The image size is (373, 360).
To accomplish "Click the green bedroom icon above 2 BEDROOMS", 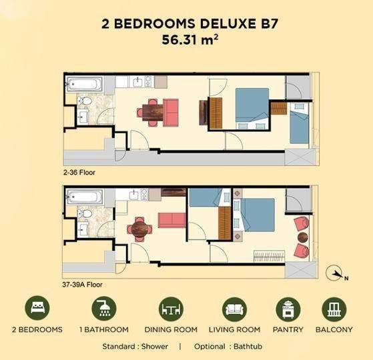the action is coord(37,308).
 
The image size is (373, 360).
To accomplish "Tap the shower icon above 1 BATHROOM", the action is coord(104,308).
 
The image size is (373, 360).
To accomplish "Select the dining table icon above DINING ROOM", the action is coord(171,309).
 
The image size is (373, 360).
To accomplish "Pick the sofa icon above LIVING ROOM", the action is coord(235,309).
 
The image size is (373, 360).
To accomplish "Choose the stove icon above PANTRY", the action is coord(288,309).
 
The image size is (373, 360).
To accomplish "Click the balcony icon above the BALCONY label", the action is coord(334,309).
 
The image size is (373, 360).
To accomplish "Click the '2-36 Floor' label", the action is coord(79,172).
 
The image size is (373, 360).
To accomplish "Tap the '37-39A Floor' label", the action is coord(82,285).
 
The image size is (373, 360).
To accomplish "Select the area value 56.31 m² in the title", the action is coord(190,40).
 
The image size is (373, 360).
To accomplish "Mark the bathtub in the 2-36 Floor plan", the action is coord(84,83).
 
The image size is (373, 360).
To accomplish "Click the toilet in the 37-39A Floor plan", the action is coord(85,213).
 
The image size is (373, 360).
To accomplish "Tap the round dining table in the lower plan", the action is coord(139,229).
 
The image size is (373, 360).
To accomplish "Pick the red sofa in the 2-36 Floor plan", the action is coord(171,113).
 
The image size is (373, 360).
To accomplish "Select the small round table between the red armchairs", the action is coord(303,237).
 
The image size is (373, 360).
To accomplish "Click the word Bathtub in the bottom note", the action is coord(248,346).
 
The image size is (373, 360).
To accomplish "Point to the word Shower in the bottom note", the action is coord(155,346).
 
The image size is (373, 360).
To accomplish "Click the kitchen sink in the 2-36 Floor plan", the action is coord(137,82).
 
